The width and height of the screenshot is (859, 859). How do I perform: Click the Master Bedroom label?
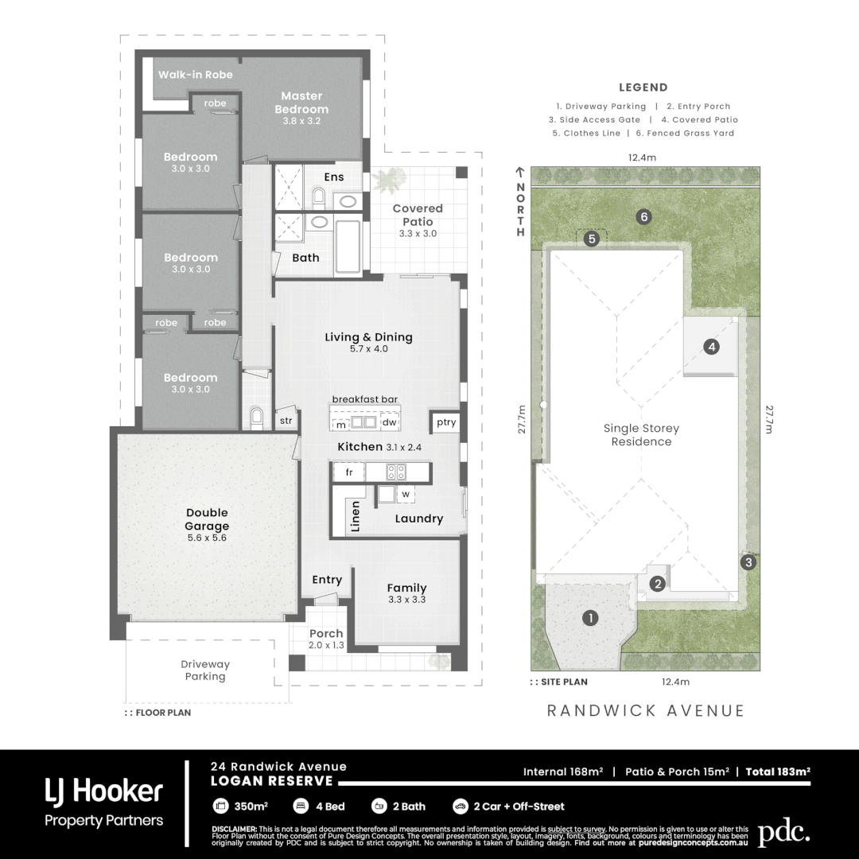pos(301,103)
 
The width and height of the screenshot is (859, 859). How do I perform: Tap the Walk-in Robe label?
pos(196,75)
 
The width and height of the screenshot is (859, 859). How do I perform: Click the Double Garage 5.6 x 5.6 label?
pos(207,525)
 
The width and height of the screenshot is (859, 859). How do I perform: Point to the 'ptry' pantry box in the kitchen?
pos(446,422)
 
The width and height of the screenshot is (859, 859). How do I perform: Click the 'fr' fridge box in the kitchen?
pos(348,472)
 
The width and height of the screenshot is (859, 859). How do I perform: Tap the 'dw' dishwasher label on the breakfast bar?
pos(389,422)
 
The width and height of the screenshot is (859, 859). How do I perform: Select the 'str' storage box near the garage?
pos(286,422)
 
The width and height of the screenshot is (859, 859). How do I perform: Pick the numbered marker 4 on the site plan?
pos(712,347)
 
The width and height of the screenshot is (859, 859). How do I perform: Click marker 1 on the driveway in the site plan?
pos(590,617)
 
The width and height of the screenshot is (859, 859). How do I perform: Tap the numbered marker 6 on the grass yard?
pos(644,216)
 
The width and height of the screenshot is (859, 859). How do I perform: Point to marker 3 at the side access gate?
pos(747,562)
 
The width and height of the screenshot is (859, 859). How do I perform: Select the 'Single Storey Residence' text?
pos(641,435)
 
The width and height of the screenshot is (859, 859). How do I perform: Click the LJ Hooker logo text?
pos(103,791)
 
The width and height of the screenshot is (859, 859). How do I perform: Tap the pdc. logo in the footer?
pos(783,833)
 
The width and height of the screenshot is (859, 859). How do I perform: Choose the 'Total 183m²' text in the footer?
pos(777,772)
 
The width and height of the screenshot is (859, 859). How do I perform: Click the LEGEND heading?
pos(643,88)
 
